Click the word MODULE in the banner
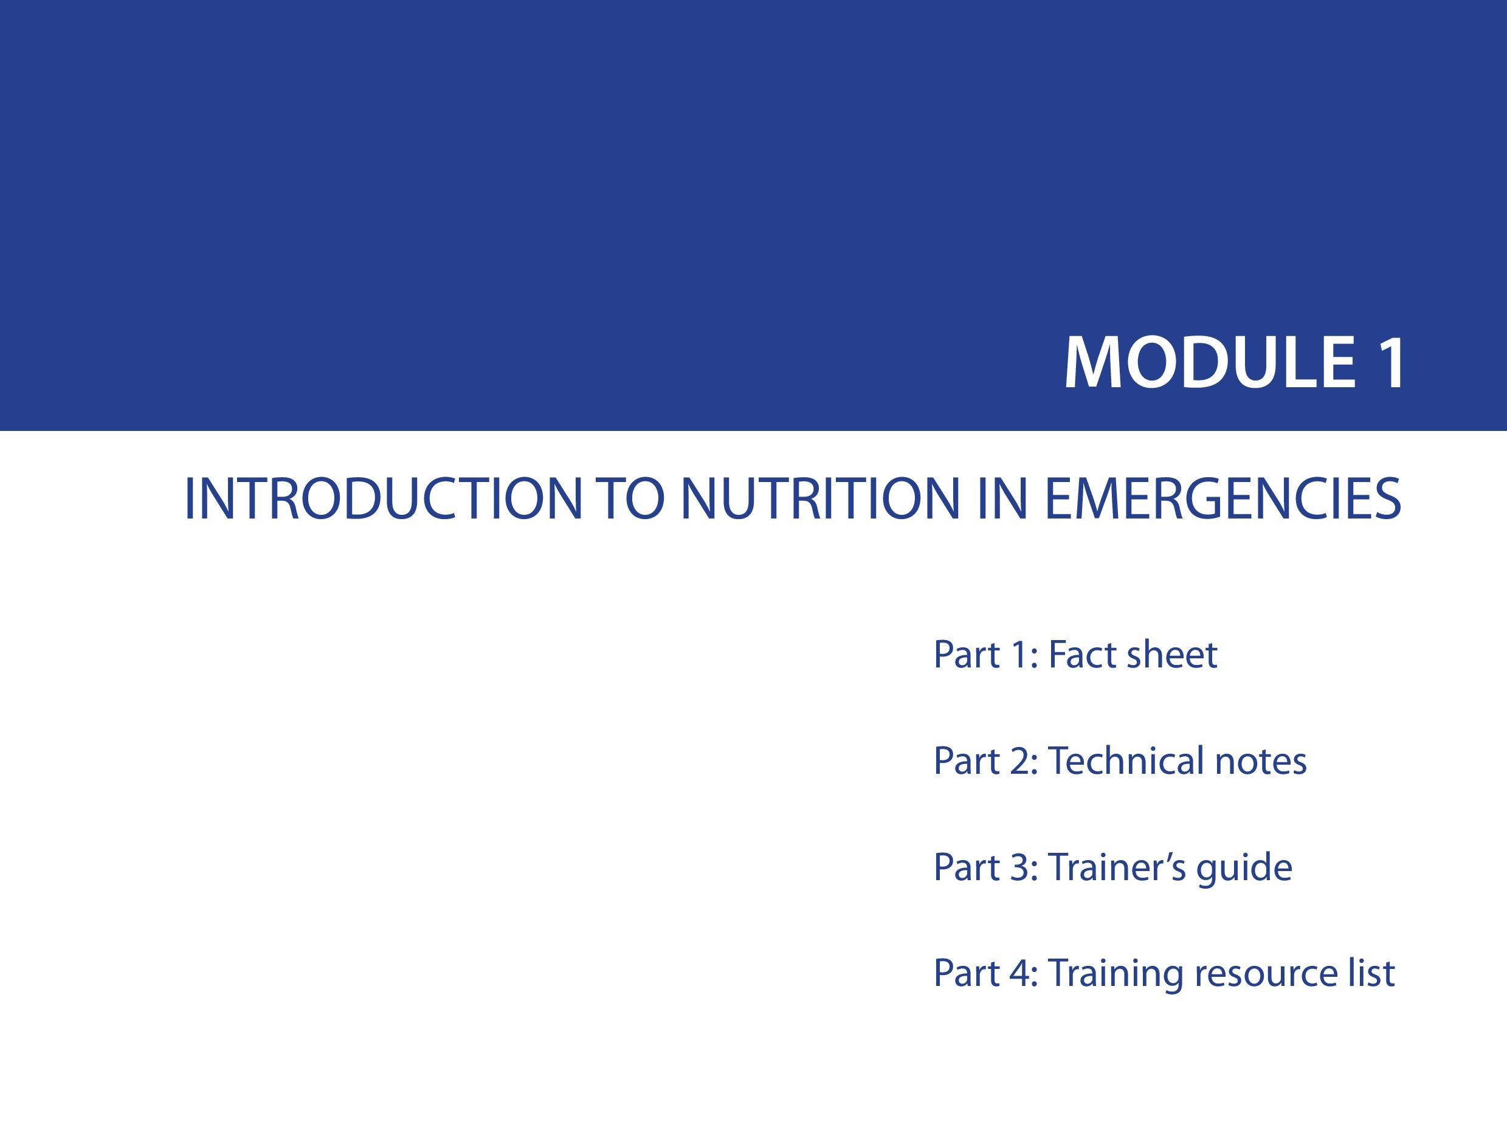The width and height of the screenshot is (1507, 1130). point(1210,362)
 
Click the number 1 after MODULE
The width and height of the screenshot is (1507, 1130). point(1389,362)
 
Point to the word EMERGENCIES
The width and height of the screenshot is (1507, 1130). point(1223,499)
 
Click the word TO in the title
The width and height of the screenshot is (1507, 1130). point(630,499)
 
